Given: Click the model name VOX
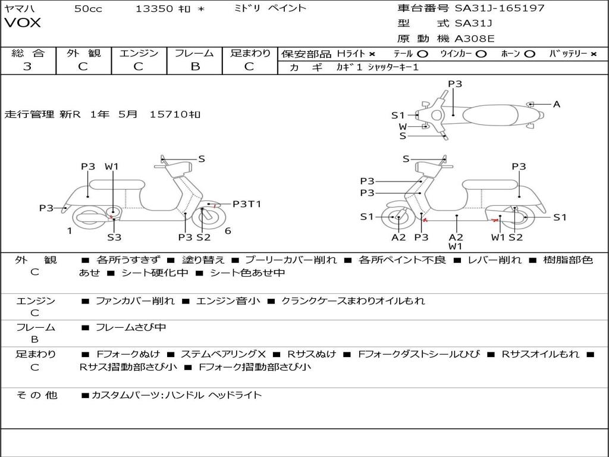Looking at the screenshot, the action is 23,23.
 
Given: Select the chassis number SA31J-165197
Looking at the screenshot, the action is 500,8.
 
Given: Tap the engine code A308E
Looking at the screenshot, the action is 475,39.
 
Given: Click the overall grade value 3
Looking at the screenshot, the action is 27,67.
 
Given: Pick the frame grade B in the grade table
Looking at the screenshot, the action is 194,67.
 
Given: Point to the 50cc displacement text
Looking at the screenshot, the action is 87,8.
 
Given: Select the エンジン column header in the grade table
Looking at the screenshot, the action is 139,54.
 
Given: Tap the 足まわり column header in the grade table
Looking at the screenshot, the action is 250,54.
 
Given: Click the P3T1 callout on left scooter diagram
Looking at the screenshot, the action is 247,204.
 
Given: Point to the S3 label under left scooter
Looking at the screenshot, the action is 114,237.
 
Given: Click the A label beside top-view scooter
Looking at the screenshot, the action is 557,104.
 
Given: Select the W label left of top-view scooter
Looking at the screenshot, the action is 403,126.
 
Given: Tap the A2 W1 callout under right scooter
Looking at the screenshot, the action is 456,241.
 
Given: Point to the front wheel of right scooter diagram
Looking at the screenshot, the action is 397,218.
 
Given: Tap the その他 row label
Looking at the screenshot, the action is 36,395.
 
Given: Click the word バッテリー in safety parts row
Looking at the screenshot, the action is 567,54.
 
